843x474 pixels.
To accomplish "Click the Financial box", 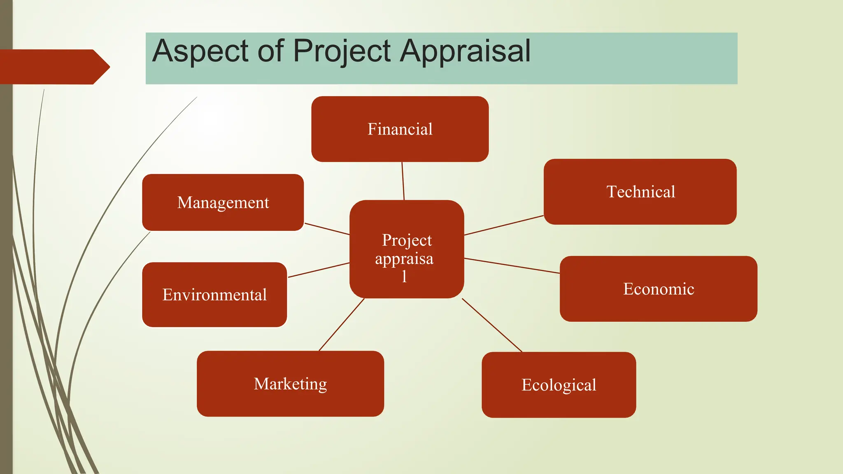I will coord(400,129).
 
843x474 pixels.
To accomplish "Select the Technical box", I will coord(640,192).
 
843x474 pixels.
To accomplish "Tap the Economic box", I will coord(658,289).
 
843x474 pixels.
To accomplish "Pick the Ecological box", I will coord(559,385).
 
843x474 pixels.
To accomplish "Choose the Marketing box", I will coord(290,383).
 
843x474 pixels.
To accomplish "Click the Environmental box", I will coord(214,295).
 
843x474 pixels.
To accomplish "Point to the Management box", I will coord(223,202).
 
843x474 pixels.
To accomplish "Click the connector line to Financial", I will coord(403,181).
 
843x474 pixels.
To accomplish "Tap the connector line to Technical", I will coord(504,225).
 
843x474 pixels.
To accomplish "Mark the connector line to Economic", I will coord(512,266).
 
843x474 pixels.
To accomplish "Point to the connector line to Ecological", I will coord(492,325).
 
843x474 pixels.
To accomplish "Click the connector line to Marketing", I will coord(342,324).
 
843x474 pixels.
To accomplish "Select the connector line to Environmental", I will coord(319,270).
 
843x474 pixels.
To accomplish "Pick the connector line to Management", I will coord(327,229).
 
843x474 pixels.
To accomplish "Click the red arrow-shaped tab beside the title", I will coord(54,67).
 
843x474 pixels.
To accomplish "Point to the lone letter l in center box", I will coord(404,276).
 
